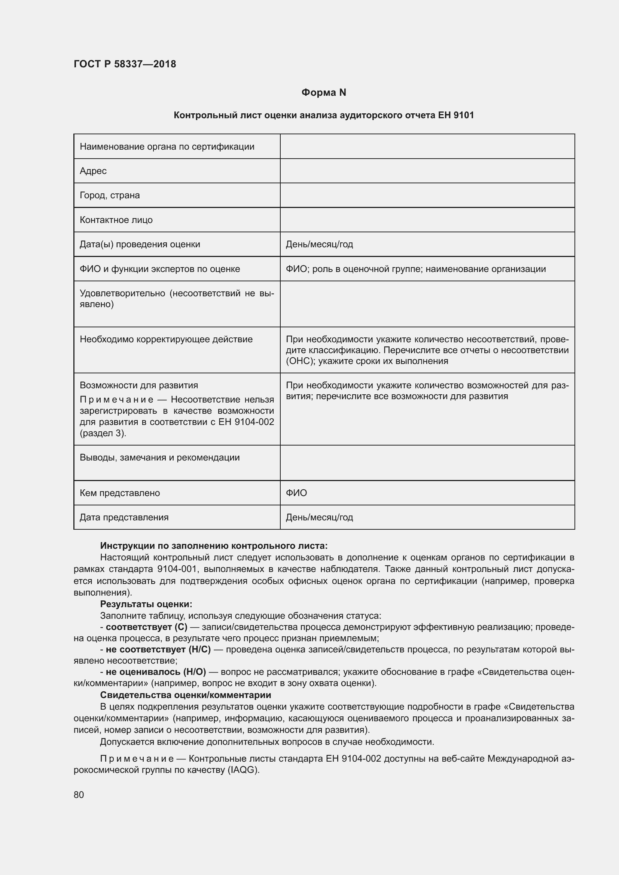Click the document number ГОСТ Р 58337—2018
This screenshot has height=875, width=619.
point(125,64)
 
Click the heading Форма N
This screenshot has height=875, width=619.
point(324,93)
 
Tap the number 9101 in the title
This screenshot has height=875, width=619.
point(463,115)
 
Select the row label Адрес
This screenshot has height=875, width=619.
point(93,171)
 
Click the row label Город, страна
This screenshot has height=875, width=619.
point(110,195)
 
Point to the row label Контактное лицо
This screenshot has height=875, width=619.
point(116,220)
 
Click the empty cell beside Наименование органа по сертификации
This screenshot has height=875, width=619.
point(427,146)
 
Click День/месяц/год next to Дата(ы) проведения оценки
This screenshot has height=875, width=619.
point(319,244)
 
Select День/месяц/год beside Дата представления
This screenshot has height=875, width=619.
point(319,517)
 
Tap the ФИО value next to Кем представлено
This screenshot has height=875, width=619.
point(296,493)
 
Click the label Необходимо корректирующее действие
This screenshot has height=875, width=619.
point(166,339)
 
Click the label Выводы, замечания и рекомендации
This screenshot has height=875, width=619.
point(160,457)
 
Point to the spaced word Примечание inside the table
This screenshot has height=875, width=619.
point(117,400)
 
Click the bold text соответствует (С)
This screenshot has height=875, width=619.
point(146,627)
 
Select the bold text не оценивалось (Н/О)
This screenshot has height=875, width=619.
point(156,671)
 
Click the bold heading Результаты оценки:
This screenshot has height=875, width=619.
point(146,604)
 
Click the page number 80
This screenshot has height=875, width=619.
point(79,795)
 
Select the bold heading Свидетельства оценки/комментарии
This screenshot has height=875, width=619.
point(186,695)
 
